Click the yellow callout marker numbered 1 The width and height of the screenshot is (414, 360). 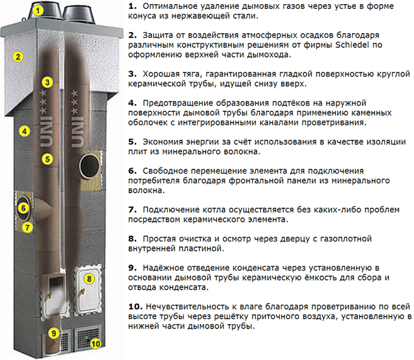[38, 11]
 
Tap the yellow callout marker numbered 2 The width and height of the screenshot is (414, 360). [18, 57]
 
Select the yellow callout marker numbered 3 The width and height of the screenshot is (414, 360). [47, 82]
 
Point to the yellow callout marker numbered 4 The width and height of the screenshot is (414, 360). [25, 131]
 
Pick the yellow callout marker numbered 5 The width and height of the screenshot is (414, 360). [47, 159]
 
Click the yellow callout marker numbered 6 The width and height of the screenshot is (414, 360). [24, 208]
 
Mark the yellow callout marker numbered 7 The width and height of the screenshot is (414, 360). [27, 227]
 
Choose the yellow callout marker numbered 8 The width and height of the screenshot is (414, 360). [89, 279]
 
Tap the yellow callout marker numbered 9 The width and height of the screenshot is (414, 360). [54, 333]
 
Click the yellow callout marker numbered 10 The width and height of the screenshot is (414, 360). [96, 343]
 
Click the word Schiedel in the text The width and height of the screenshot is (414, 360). [352, 45]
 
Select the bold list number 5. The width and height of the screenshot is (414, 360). [132, 142]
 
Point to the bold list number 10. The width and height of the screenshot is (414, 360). [135, 307]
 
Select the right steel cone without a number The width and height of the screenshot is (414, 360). [79, 15]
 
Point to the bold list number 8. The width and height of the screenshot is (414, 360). [132, 239]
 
